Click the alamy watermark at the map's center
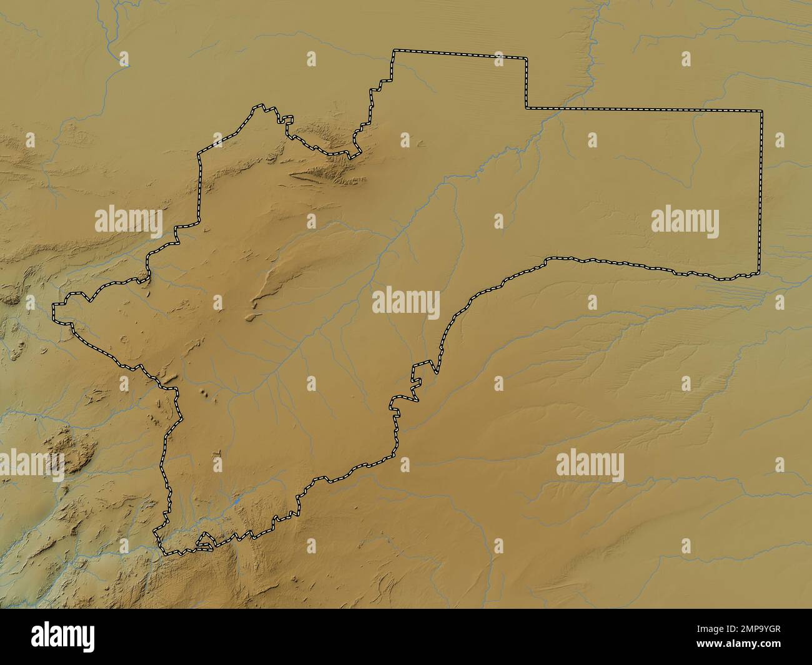pyautogui.click(x=406, y=302)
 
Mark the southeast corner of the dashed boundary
pyautogui.click(x=760, y=272)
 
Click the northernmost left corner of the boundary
pyautogui.click(x=394, y=51)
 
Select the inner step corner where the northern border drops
pyautogui.click(x=526, y=108)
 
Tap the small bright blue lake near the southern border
pyautogui.click(x=237, y=500)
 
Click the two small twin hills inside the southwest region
pyautogui.click(x=205, y=393)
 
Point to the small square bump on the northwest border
pyautogui.click(x=287, y=119)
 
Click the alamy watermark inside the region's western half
pyautogui.click(x=128, y=222)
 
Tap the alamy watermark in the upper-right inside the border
pyautogui.click(x=685, y=222)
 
